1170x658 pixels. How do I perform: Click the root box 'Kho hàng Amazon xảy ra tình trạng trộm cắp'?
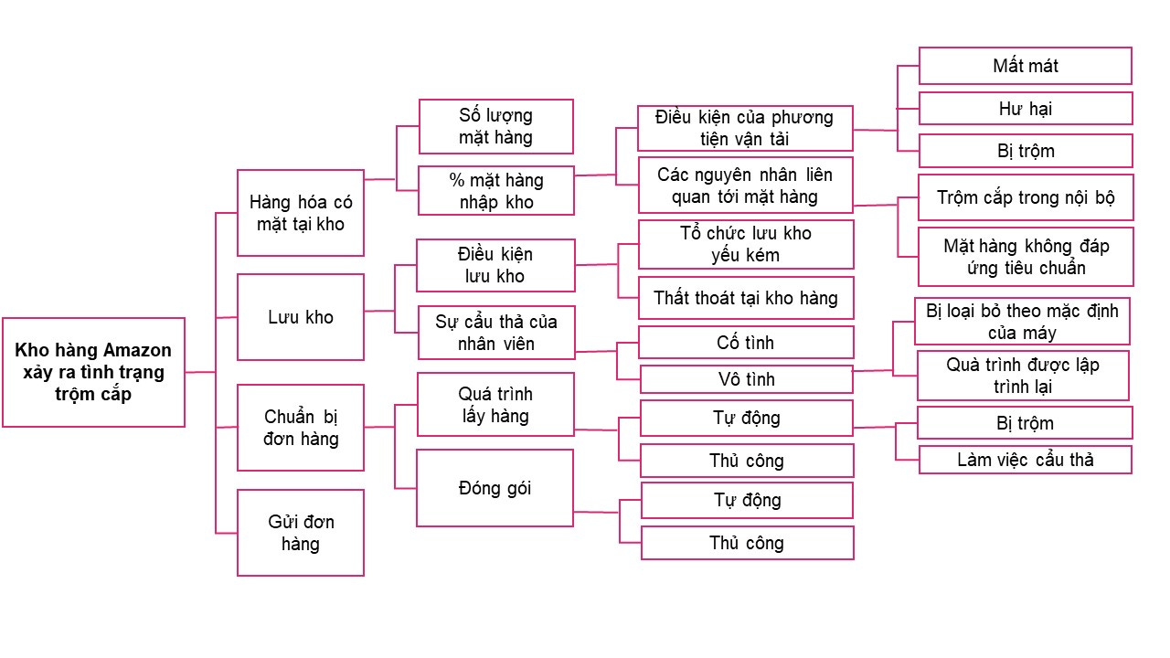[x=93, y=372]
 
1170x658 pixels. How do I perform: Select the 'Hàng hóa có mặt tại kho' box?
[x=301, y=213]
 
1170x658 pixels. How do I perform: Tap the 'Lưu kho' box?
[x=301, y=317]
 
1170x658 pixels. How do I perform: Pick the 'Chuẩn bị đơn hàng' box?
[x=301, y=428]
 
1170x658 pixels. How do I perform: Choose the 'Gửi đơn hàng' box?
[x=301, y=533]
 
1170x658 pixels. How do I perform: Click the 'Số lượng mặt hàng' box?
[x=495, y=126]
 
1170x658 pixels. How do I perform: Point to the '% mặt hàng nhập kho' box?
[x=495, y=190]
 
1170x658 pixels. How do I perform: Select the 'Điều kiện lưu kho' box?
[x=495, y=265]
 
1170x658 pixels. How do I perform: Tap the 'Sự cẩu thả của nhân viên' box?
[x=495, y=333]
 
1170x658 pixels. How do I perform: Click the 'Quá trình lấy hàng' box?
[x=495, y=405]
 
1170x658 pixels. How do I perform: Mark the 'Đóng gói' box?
[x=495, y=488]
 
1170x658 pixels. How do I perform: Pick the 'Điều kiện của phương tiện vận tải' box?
[x=745, y=128]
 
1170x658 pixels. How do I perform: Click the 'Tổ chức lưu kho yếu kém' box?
[x=746, y=244]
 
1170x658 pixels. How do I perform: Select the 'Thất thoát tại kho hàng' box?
[x=746, y=298]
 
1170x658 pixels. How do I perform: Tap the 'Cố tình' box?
[x=746, y=342]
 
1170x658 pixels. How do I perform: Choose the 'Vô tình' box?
[x=746, y=378]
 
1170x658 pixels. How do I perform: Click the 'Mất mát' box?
[x=1025, y=66]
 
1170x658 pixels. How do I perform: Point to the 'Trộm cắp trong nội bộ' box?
[x=1026, y=197]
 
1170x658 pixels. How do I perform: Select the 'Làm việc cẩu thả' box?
[x=1025, y=460]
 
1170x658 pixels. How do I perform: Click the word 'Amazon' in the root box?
[x=137, y=350]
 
